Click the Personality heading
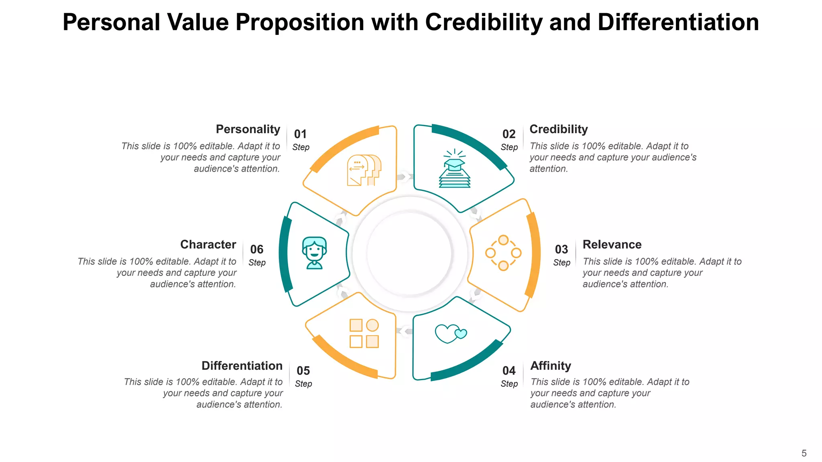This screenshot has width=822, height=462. (x=248, y=129)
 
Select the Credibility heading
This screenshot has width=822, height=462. (x=558, y=129)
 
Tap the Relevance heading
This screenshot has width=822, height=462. (x=612, y=244)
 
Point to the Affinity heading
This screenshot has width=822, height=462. (x=550, y=366)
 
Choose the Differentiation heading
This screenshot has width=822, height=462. (x=242, y=366)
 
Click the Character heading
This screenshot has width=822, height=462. (x=208, y=244)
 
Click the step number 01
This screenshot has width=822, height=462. (x=300, y=134)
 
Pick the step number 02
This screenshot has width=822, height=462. (x=509, y=134)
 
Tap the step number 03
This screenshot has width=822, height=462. (x=562, y=249)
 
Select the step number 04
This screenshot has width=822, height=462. (x=509, y=371)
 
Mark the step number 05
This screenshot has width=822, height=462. (x=303, y=371)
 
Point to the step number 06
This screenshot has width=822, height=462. (x=257, y=249)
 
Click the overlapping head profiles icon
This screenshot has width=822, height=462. (x=364, y=170)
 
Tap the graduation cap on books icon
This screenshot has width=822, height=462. (x=454, y=169)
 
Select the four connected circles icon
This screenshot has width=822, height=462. (x=503, y=253)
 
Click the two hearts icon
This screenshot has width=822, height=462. (x=451, y=333)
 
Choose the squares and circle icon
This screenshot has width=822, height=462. (x=364, y=333)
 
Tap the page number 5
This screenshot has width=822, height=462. (x=804, y=453)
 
